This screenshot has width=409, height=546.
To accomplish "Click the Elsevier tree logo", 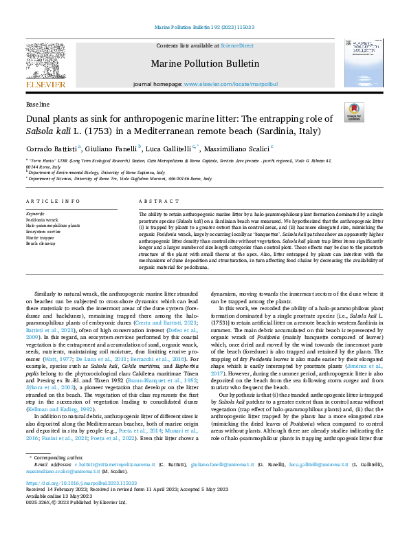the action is pos(45,63).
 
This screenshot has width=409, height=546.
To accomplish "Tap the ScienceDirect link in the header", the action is pos(236,45).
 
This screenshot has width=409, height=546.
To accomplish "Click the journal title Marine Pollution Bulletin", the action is pos(205,64).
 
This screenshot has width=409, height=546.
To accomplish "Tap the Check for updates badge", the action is pos(354,113).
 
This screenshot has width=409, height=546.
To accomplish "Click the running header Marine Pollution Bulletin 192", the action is pos(204,28).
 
